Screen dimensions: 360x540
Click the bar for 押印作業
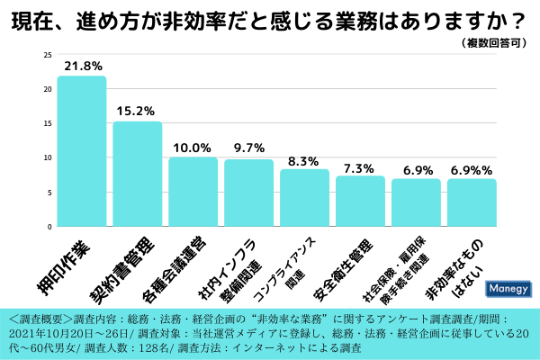click(x=81, y=151)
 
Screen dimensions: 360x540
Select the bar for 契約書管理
click(x=137, y=174)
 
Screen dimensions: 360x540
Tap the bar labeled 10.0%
click(x=193, y=192)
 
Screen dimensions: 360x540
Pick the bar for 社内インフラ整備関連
click(x=248, y=193)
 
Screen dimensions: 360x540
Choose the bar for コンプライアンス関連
click(x=304, y=197)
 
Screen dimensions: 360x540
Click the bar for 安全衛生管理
click(x=360, y=201)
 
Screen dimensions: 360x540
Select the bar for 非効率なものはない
click(x=472, y=202)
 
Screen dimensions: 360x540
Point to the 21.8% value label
click(x=82, y=66)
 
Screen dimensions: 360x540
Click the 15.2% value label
click(x=137, y=112)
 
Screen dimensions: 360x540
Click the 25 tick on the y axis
click(x=47, y=55)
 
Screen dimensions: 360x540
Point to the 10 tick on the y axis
click(x=47, y=157)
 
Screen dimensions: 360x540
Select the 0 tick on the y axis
click(x=49, y=226)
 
